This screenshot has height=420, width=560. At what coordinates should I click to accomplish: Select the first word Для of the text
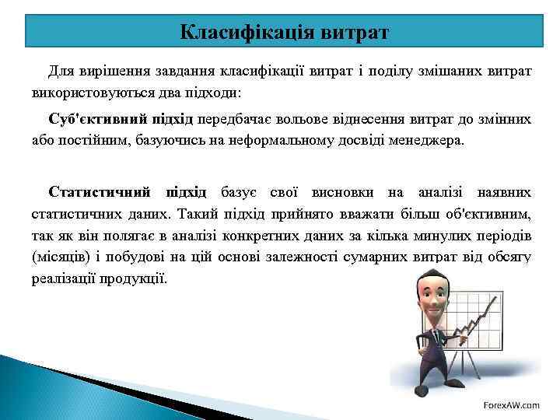pyautogui.click(x=61, y=72)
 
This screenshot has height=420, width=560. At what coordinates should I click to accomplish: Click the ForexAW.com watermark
pyautogui.click(x=511, y=404)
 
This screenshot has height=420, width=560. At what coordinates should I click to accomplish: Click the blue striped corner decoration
pyautogui.click(x=47, y=389)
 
